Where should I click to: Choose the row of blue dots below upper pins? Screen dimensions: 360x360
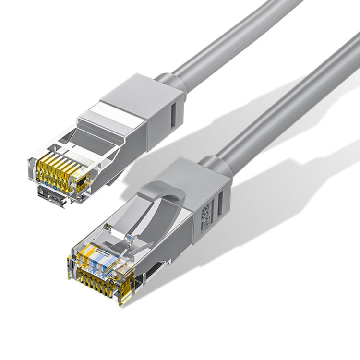58,182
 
